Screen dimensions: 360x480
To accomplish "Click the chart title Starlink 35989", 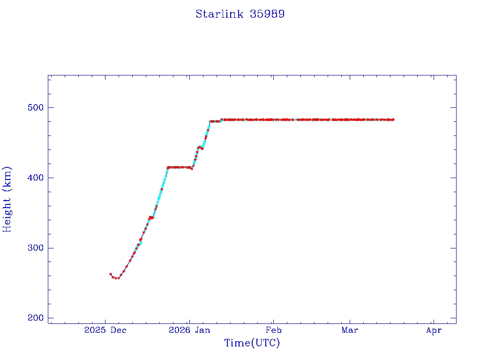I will [x=240, y=14].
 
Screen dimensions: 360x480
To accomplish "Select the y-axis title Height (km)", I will [x=7, y=199].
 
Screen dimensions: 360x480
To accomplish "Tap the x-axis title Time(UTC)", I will [x=252, y=343].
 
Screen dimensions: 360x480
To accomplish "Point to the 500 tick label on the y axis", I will [x=34, y=107].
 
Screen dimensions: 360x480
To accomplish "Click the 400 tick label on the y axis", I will [x=34, y=178].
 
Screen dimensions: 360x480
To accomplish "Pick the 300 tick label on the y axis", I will [x=34, y=248].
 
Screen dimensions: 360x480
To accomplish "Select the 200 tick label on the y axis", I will [x=34, y=318].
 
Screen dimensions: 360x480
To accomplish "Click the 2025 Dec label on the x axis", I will [x=105, y=330].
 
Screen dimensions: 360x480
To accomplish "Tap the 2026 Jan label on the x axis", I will [x=189, y=330].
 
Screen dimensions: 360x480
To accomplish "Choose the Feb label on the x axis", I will [x=273, y=330].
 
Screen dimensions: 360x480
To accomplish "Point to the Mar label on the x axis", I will [x=350, y=330].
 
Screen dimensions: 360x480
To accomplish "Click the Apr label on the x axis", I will [x=434, y=330].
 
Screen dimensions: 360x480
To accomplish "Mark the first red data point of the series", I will [x=111, y=274].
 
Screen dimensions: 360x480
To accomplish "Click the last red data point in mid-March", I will [x=393, y=120].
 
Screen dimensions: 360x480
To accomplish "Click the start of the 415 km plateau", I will [x=168, y=167].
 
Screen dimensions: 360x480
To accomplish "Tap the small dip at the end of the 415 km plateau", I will [x=192, y=169].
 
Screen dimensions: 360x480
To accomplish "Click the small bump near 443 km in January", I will [x=199, y=147].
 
